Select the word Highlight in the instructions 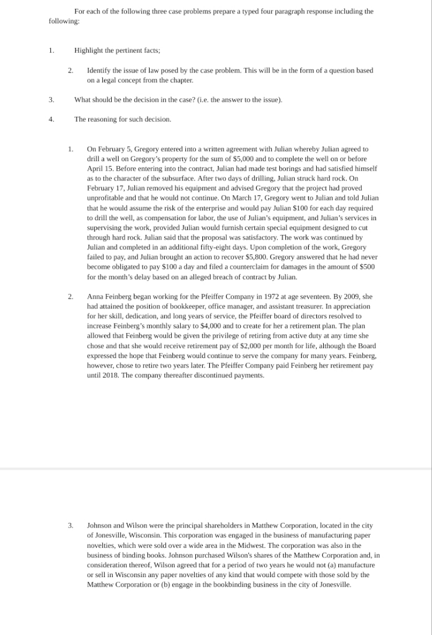90,51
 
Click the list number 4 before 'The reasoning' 51,119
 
